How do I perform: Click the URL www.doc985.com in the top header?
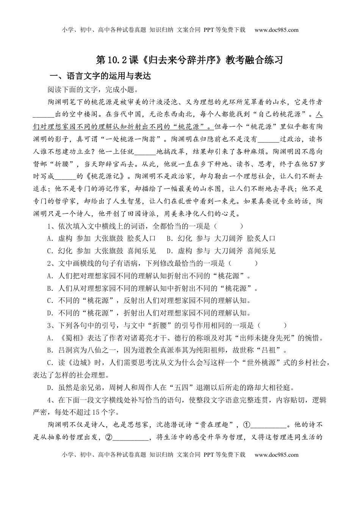[x=277, y=30]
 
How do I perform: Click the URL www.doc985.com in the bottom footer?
[x=277, y=454]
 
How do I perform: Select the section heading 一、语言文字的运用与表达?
[x=100, y=76]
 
